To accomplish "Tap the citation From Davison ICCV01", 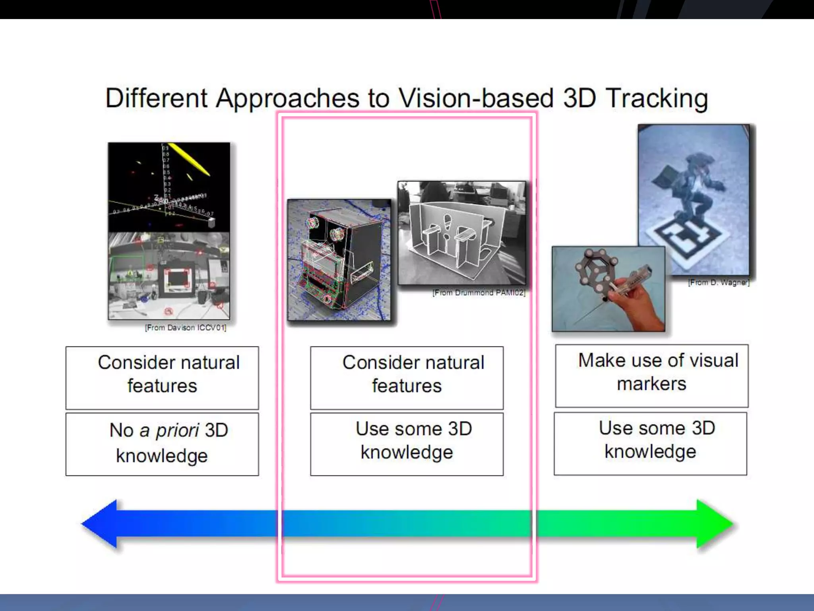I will [x=186, y=328].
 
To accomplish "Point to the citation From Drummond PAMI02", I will [x=479, y=293].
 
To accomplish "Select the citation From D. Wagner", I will [x=719, y=282].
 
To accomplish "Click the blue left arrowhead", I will [x=100, y=524].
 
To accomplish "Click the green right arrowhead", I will [x=714, y=524].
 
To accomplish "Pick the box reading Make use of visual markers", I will [x=651, y=376].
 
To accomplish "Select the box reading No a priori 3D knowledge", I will [x=162, y=444].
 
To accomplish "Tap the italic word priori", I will [x=177, y=430].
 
